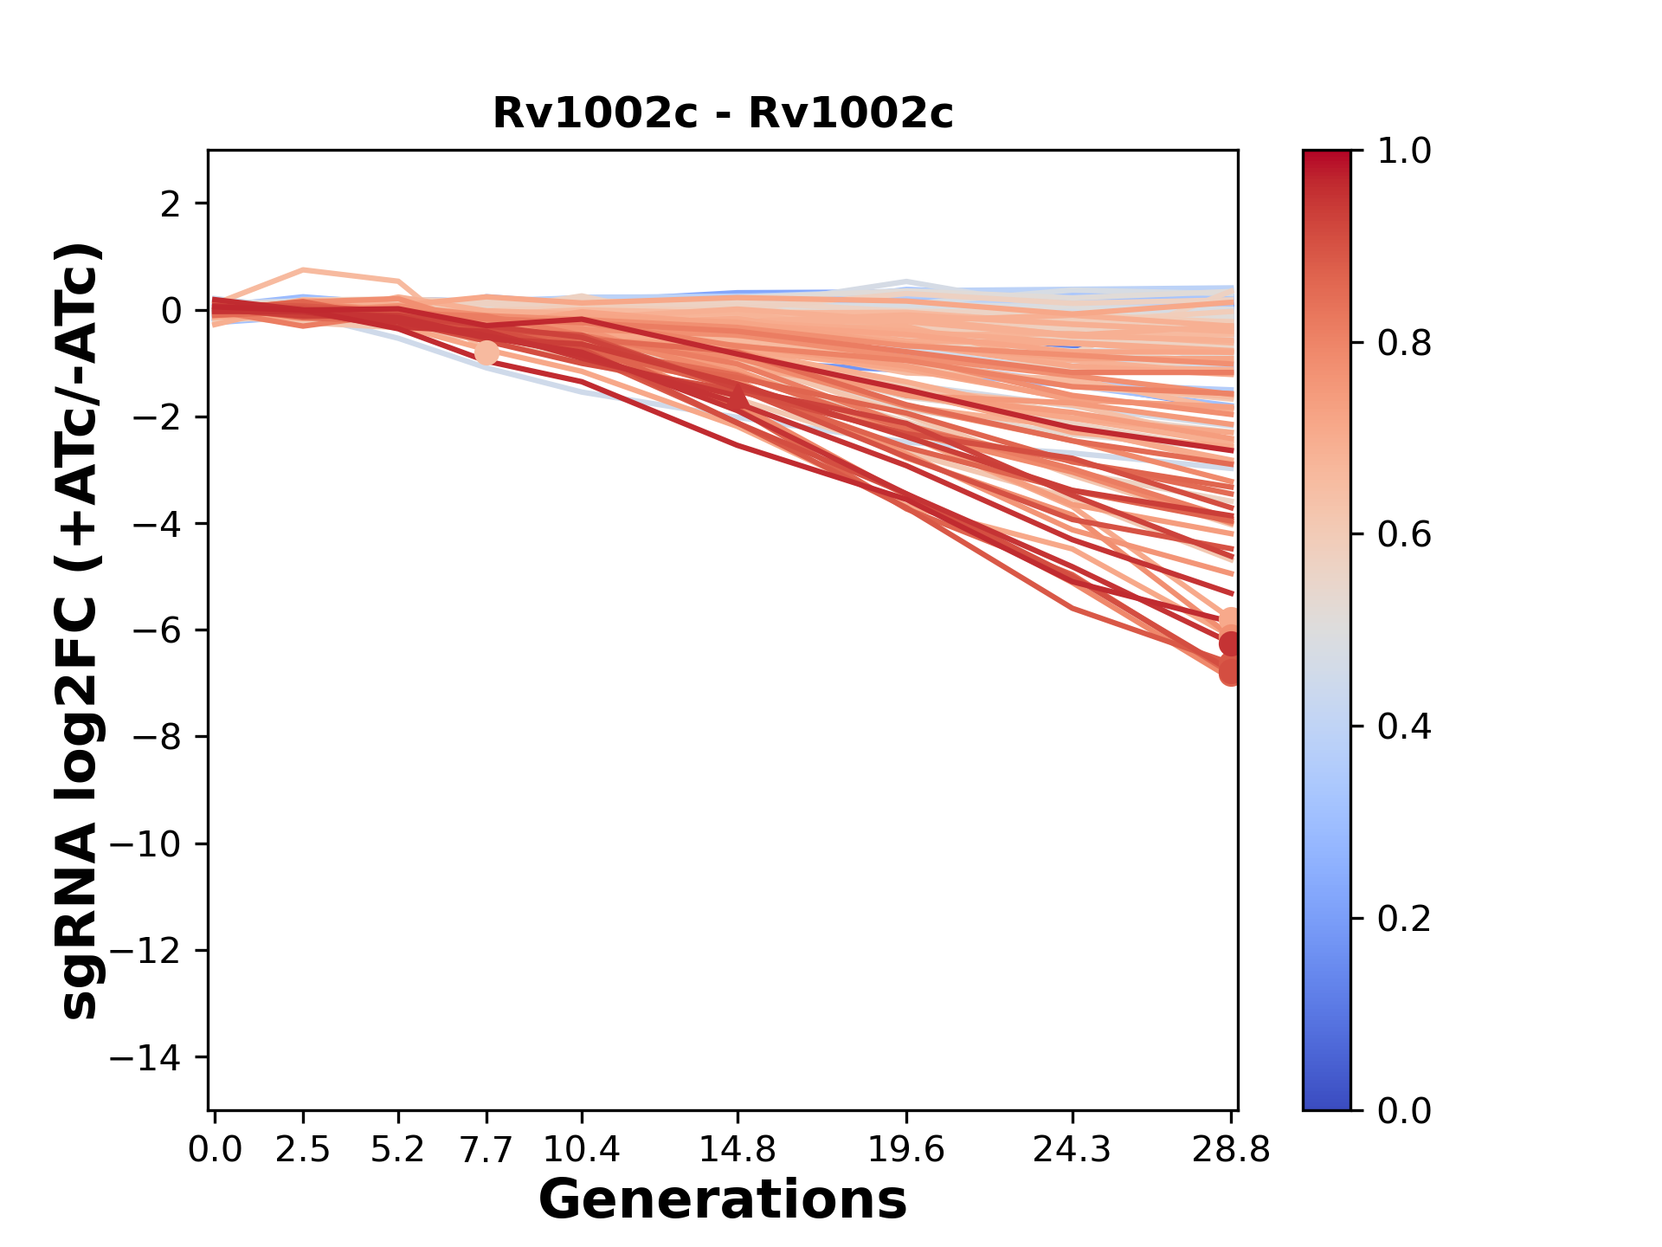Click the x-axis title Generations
(x=723, y=1200)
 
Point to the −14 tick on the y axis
(x=145, y=1057)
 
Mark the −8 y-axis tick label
(x=156, y=737)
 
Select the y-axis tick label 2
(x=171, y=204)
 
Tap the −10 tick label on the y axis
(x=145, y=844)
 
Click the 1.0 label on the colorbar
(x=1404, y=152)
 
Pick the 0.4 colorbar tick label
(x=1404, y=727)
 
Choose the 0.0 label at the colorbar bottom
(x=1404, y=1110)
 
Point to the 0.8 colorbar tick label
(x=1404, y=344)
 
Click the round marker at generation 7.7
(x=486, y=352)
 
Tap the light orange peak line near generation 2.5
(x=304, y=270)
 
